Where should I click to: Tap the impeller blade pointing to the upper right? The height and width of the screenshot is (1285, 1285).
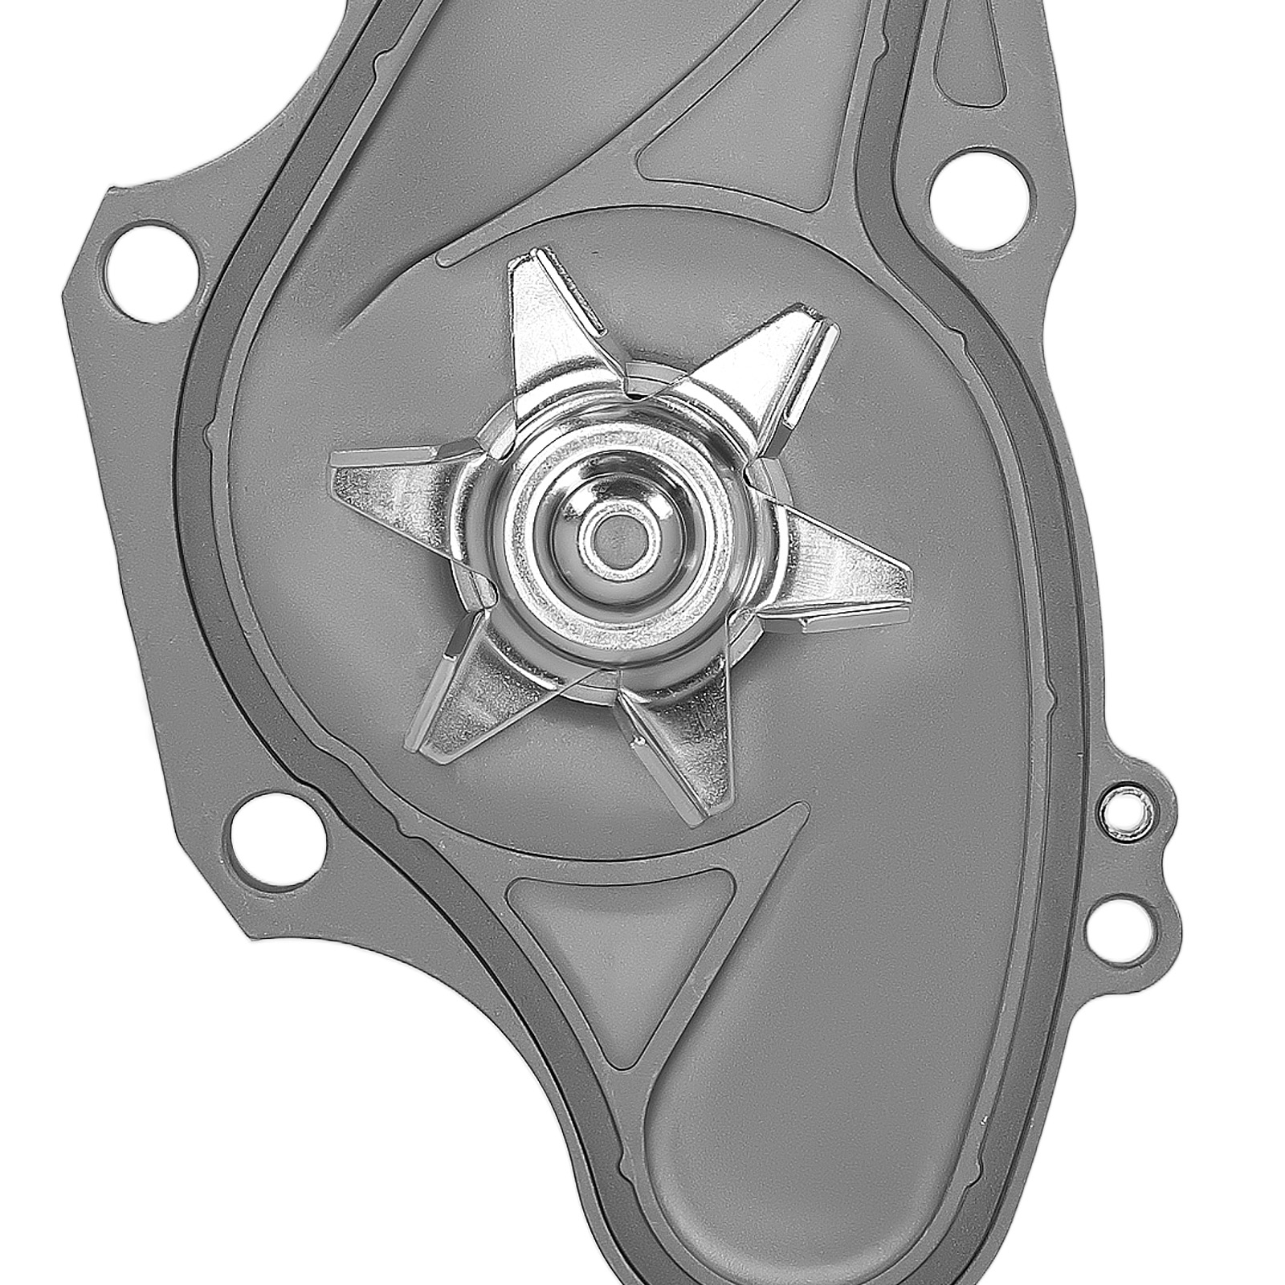763,361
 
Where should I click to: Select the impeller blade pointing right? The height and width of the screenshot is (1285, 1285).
843,578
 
